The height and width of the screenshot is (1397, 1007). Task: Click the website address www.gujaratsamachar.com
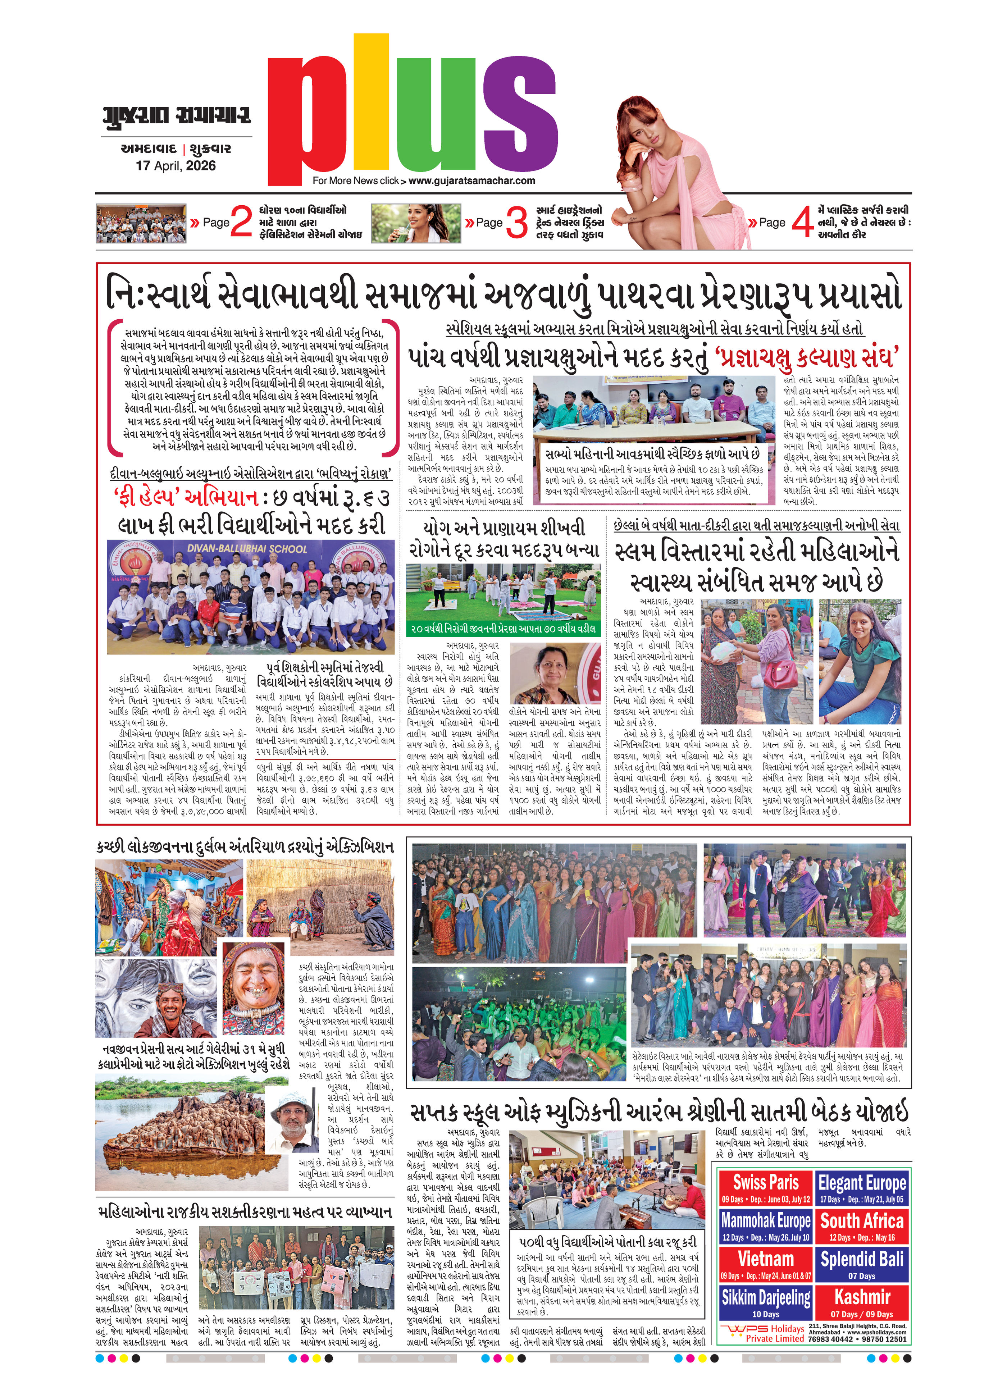tap(472, 181)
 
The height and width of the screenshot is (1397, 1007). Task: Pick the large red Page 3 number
tap(516, 223)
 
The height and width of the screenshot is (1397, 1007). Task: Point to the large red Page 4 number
tap(802, 223)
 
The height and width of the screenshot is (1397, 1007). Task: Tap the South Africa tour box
tap(862, 1226)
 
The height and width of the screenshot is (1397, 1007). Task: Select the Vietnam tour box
tap(766, 1264)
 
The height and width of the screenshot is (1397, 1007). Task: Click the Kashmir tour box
tap(862, 1302)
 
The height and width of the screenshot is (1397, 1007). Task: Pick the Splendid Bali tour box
tap(862, 1264)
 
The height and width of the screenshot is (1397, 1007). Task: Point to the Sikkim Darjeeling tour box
tap(766, 1302)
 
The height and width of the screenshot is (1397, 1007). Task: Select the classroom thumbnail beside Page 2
tap(141, 223)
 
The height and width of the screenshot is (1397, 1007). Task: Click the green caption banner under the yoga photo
tap(502, 628)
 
